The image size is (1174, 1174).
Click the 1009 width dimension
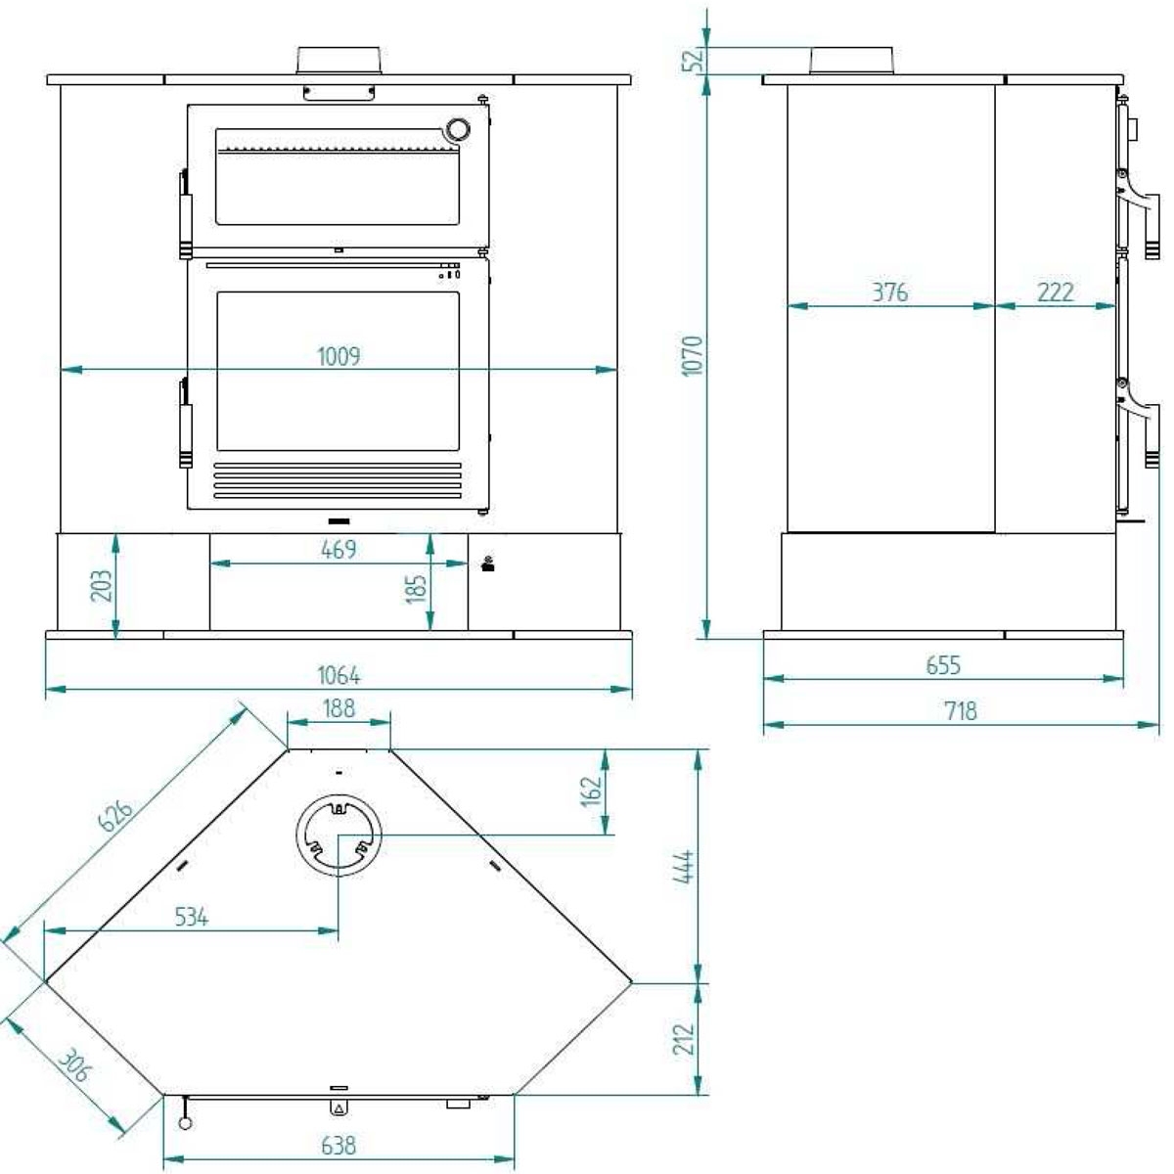point(339,356)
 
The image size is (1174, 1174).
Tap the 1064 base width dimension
point(339,675)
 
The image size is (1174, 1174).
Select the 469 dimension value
point(339,550)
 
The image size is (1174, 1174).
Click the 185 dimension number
point(417,587)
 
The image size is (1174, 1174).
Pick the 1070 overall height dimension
point(692,357)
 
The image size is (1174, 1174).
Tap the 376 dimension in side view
point(889,292)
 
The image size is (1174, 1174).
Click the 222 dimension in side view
point(1055,292)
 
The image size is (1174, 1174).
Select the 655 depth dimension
point(943,665)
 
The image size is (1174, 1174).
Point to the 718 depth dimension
point(961,711)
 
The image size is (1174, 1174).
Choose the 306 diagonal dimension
point(72,1065)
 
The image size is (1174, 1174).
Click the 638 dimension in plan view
point(339,1145)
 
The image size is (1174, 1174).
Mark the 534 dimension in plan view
point(192,917)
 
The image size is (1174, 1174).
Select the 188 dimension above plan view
point(339,708)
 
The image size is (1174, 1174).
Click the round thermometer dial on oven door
point(457,129)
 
